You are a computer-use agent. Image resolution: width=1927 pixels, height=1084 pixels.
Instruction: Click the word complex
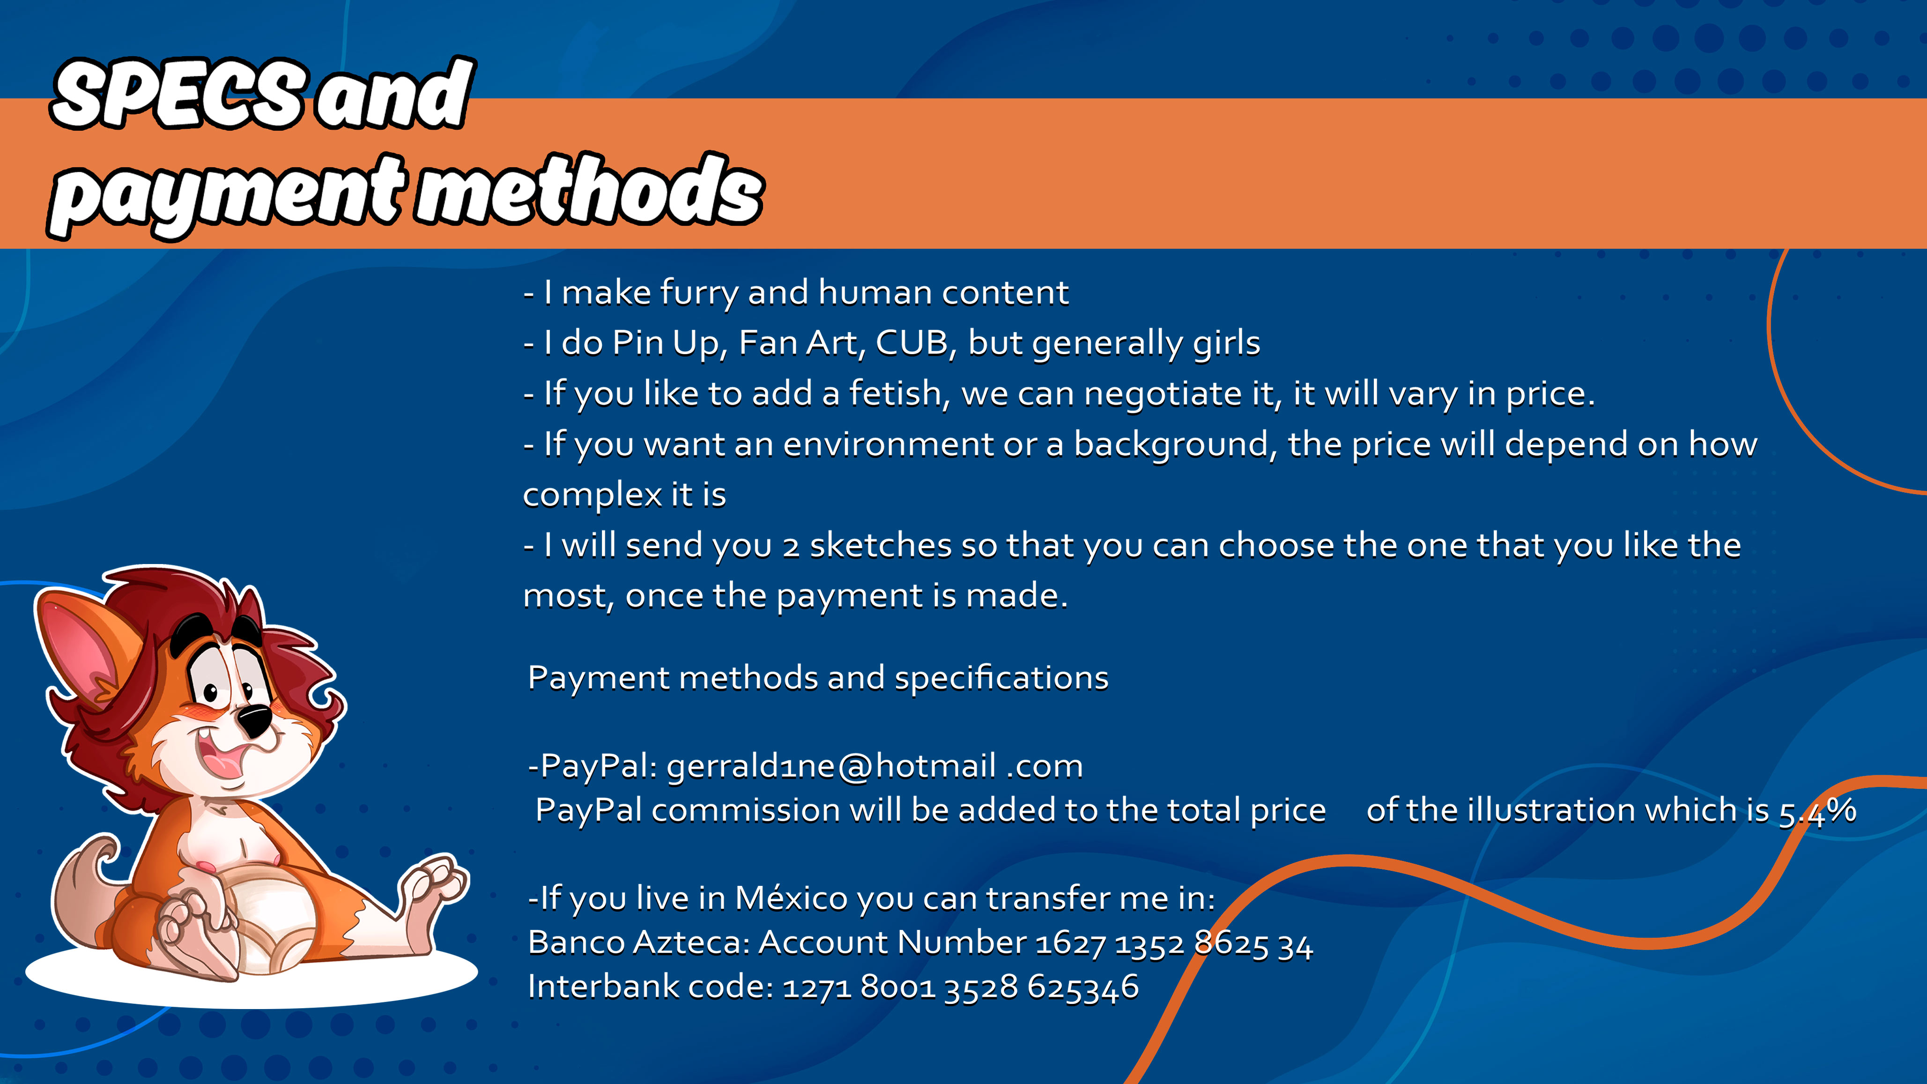pos(592,495)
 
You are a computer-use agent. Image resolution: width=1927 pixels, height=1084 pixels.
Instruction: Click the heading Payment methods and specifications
pos(818,678)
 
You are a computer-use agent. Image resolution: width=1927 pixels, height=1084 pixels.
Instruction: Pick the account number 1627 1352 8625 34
pos(1174,944)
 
